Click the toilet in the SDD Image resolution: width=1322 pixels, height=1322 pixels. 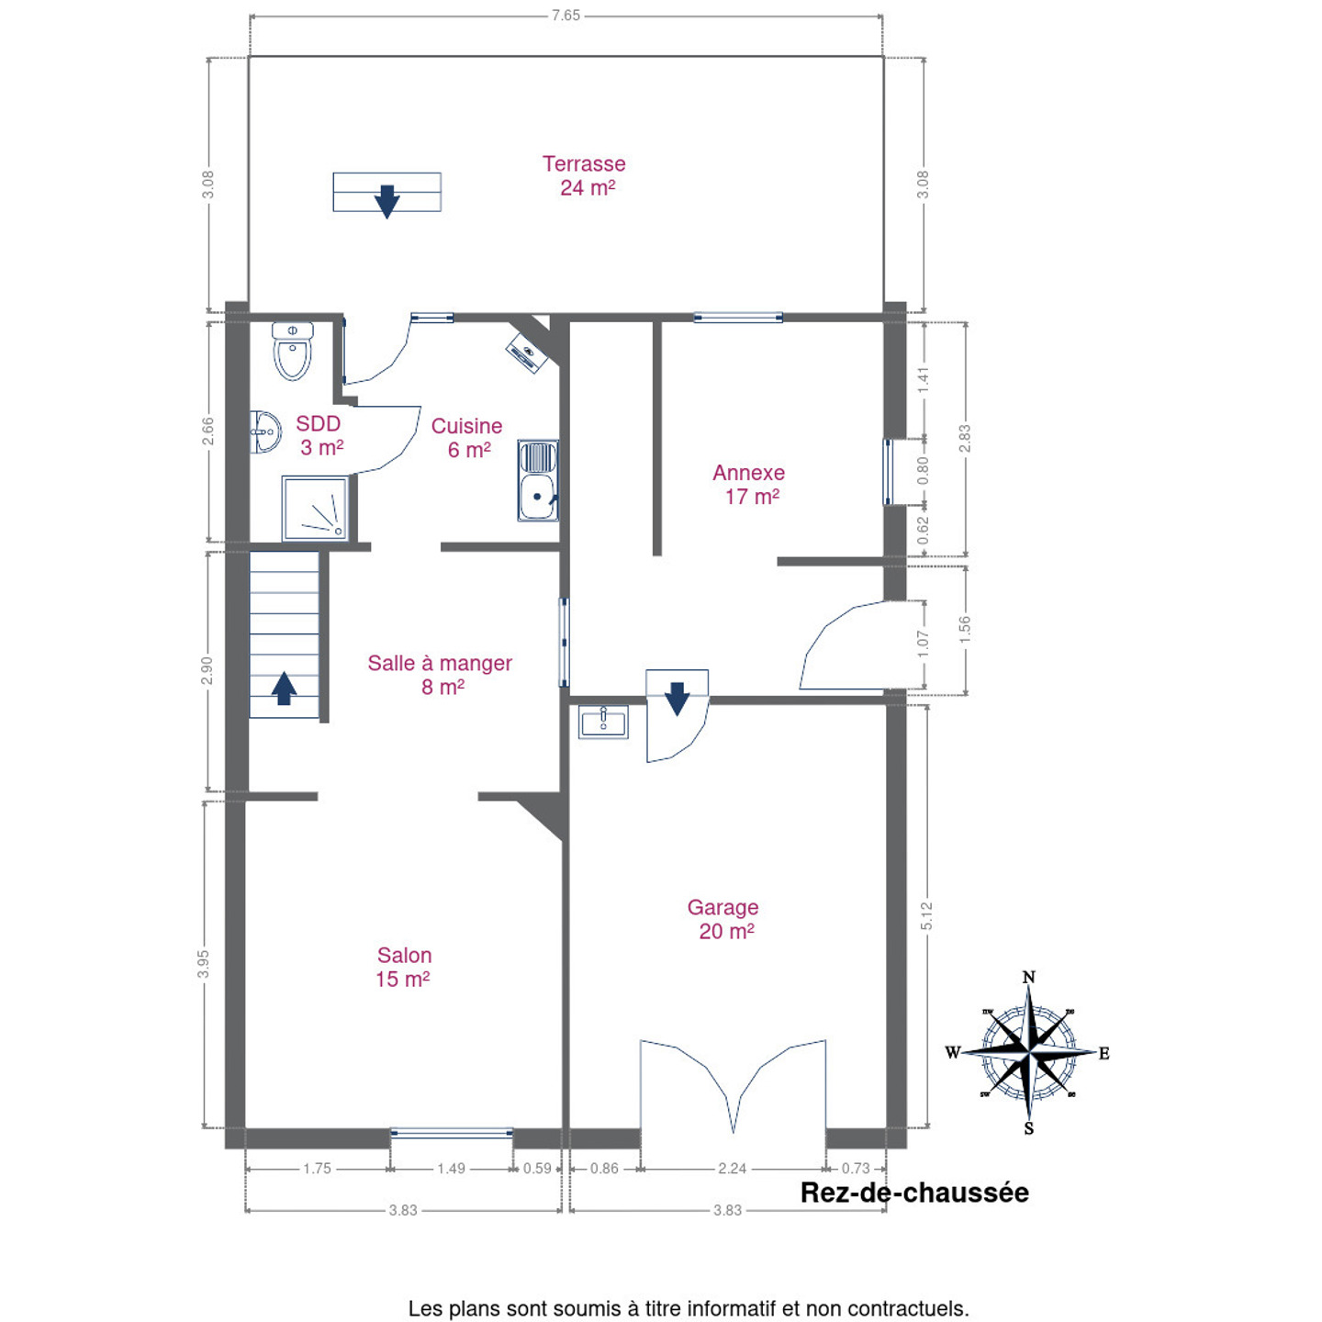292,351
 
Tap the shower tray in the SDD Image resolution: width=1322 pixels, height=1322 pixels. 315,509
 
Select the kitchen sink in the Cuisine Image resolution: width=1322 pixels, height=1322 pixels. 538,480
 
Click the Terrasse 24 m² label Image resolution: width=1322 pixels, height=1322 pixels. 585,175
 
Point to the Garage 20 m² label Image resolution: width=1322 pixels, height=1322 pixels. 723,919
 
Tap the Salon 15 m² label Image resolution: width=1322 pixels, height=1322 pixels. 404,967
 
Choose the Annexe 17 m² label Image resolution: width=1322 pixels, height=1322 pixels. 749,485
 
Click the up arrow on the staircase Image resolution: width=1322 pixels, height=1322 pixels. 284,689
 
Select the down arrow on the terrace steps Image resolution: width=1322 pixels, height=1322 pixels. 387,202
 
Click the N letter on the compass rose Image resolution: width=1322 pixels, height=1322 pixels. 1028,977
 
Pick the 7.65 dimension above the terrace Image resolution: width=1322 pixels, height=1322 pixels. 566,15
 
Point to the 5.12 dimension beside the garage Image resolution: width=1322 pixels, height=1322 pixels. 926,916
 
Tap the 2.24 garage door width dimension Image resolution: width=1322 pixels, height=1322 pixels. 732,1169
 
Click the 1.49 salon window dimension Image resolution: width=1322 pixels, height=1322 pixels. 452,1169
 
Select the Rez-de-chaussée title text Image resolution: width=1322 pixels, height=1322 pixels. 914,1193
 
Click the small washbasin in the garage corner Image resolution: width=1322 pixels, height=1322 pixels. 603,722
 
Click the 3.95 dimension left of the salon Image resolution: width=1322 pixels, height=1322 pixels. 203,965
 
